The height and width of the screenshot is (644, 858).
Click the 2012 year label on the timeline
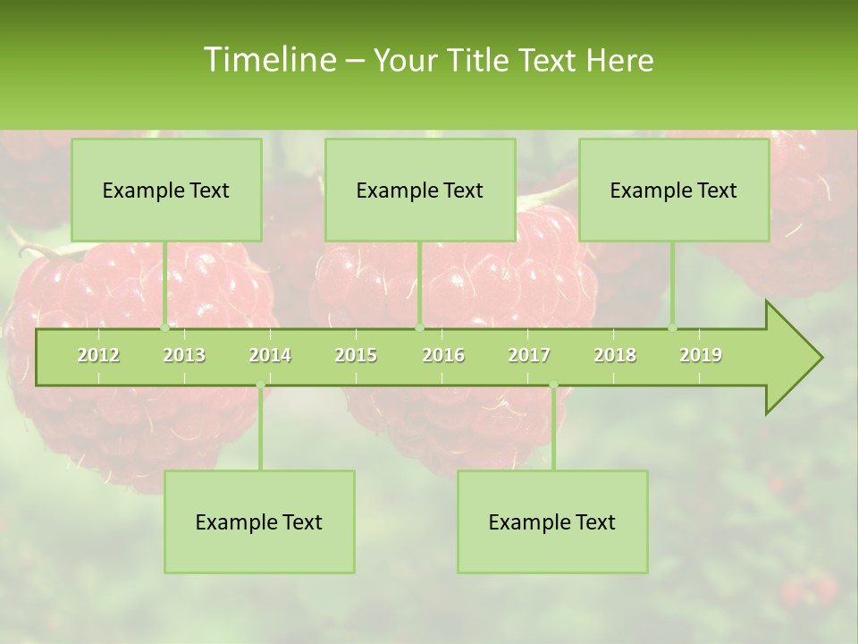(x=98, y=355)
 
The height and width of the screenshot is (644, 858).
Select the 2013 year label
(x=184, y=355)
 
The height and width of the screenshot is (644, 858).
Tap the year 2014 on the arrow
(x=270, y=355)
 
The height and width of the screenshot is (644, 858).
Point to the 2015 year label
(x=356, y=355)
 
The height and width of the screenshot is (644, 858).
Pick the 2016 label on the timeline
(x=443, y=355)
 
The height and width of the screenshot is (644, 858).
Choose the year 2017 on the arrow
(x=529, y=355)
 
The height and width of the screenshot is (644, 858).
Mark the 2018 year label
(x=615, y=355)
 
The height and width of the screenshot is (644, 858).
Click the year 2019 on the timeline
(x=701, y=355)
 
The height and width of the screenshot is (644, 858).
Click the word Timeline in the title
(x=269, y=60)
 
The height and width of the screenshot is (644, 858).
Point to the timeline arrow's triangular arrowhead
(x=794, y=358)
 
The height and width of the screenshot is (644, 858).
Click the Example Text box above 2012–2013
(x=166, y=190)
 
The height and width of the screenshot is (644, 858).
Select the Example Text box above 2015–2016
(x=420, y=190)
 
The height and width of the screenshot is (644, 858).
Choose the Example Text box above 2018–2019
(x=674, y=190)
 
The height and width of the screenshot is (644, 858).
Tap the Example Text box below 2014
(x=259, y=521)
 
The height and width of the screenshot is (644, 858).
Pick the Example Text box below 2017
(x=552, y=521)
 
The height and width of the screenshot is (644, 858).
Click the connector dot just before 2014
(x=260, y=386)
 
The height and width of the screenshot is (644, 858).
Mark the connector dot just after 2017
(x=553, y=386)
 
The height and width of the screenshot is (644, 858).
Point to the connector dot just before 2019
(x=673, y=328)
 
